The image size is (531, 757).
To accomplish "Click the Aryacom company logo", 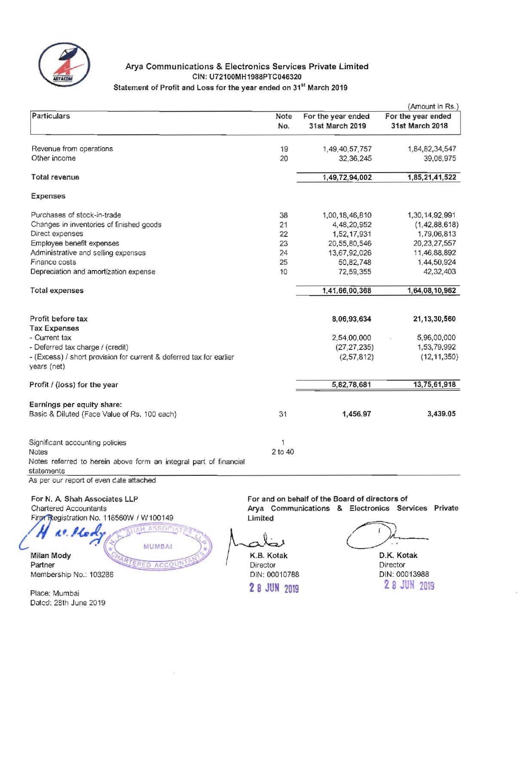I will tap(64, 64).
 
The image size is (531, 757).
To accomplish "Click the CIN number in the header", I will tap(247, 77).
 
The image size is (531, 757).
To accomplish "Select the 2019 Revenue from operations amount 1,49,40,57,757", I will tap(347, 149).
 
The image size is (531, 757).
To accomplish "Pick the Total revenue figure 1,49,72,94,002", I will tap(347, 177).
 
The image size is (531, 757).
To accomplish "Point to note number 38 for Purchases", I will tap(284, 215).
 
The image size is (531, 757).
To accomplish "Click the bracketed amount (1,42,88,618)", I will tap(436, 225).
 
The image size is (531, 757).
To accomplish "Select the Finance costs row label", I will tap(53, 262).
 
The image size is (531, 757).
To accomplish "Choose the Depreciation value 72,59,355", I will tap(355, 272).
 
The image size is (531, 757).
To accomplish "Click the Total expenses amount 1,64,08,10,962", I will tap(431, 291).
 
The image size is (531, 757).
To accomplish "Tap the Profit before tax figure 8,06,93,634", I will tap(351, 319).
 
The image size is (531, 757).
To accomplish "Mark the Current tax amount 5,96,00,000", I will tap(436, 338).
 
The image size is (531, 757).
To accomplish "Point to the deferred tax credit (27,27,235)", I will tap(354, 347).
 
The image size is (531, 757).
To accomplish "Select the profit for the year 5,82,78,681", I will tap(351, 385).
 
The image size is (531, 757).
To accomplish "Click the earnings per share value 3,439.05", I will tap(441, 414).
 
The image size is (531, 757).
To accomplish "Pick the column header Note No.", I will tap(284, 121).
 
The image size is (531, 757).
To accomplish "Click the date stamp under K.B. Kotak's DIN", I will tap(274, 588).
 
